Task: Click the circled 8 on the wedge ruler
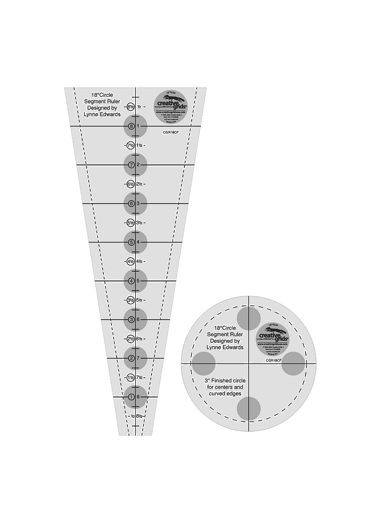(x=131, y=126)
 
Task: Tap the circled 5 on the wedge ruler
(x=131, y=242)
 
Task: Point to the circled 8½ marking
(x=131, y=107)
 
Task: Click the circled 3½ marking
(x=131, y=300)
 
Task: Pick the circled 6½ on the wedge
(x=131, y=184)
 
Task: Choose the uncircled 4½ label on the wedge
(x=140, y=261)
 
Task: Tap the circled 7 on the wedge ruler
(x=131, y=165)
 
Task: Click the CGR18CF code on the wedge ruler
(x=171, y=133)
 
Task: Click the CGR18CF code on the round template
(x=274, y=360)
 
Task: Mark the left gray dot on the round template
(x=204, y=364)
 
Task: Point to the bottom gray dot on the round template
(x=249, y=408)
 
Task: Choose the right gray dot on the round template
(x=294, y=364)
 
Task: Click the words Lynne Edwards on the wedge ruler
(x=102, y=115)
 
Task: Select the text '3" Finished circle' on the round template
(x=225, y=381)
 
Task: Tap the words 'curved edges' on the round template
(x=225, y=394)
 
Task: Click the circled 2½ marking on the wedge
(x=131, y=339)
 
